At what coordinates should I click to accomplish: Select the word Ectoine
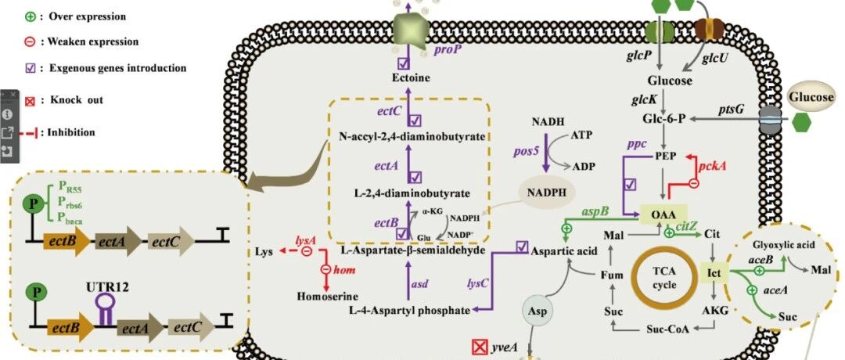(412, 78)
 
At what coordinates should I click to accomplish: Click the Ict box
(714, 273)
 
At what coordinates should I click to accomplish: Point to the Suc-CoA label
(667, 329)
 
